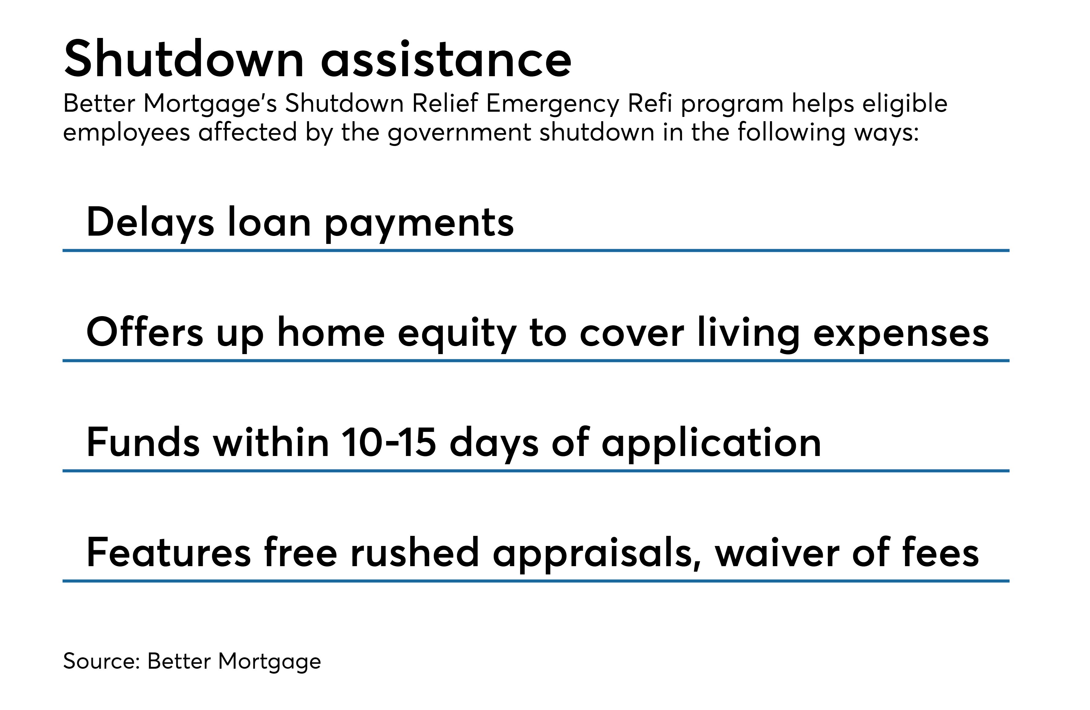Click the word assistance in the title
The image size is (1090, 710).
pyautogui.click(x=446, y=59)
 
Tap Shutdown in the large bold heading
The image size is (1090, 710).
pyautogui.click(x=184, y=58)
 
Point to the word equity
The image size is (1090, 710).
pyautogui.click(x=457, y=334)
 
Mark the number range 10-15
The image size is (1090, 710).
pyautogui.click(x=389, y=442)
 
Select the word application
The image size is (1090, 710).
pyautogui.click(x=711, y=444)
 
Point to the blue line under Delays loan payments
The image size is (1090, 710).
pyautogui.click(x=536, y=250)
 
